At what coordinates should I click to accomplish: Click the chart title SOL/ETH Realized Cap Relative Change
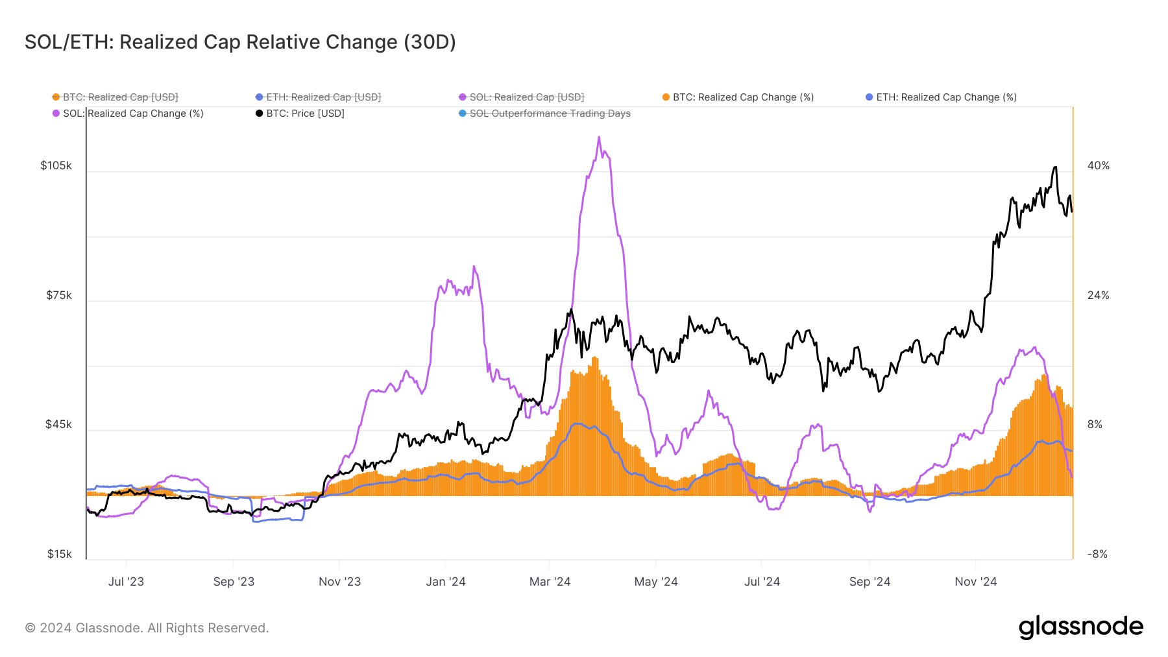[240, 42]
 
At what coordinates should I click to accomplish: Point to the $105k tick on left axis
[56, 165]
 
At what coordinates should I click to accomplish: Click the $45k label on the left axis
[58, 424]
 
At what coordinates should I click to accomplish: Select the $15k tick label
[59, 554]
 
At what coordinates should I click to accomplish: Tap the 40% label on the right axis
[1099, 165]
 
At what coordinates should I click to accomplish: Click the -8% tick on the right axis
[1097, 554]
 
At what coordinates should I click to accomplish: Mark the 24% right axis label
[1099, 295]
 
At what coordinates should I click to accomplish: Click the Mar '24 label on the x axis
[550, 582]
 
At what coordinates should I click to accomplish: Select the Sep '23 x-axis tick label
[234, 582]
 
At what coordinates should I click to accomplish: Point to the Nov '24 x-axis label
[975, 582]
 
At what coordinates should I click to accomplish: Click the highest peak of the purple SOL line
[599, 137]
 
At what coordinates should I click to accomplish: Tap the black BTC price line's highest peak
[1055, 167]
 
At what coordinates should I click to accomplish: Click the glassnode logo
[1080, 627]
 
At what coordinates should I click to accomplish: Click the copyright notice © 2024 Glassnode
[147, 628]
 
